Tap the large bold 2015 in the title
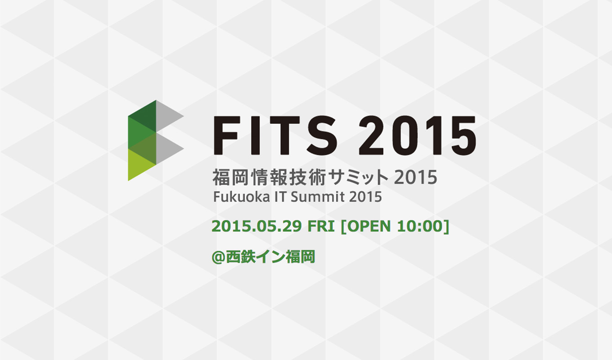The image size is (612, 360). click(x=418, y=135)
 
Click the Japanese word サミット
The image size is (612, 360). click(x=359, y=178)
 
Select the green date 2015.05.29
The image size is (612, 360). click(x=256, y=226)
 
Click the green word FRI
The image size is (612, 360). click(x=321, y=226)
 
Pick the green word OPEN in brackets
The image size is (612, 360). click(x=369, y=226)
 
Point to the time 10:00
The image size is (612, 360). click(x=420, y=226)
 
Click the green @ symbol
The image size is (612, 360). click(x=219, y=257)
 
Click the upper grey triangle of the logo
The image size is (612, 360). click(x=167, y=116)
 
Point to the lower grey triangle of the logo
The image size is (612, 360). click(x=167, y=149)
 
